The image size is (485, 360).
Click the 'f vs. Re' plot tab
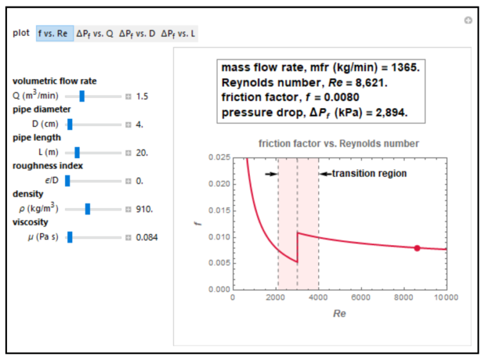55,33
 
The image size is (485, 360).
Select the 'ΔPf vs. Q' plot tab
95,33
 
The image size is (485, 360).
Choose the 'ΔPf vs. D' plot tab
137,33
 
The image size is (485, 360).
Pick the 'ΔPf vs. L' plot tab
179,33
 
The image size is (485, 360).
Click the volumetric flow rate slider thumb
81,96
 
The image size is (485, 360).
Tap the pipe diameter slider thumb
69,124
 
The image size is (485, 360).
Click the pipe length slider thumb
77,152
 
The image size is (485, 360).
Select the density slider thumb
88,209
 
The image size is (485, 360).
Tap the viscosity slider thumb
70,237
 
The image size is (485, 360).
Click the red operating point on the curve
417,248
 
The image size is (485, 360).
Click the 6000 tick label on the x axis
361,297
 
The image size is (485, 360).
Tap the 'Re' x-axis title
339,313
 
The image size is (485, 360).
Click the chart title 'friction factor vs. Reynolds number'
338,143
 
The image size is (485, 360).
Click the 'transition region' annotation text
369,173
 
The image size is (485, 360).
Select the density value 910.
145,209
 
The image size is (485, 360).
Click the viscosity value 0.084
147,237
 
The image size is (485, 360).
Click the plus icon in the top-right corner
468,21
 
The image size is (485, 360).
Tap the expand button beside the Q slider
128,97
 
